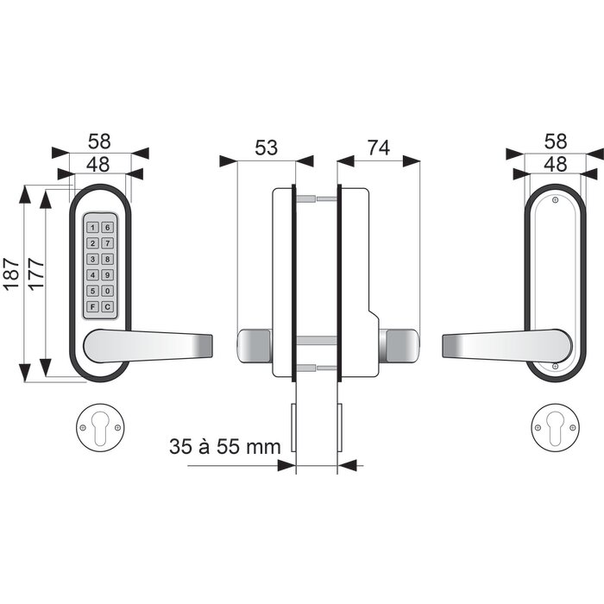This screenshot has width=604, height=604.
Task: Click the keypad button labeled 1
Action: coord(92,227)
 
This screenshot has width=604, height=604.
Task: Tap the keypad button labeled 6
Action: coord(108,227)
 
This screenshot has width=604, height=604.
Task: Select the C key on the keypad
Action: coord(108,306)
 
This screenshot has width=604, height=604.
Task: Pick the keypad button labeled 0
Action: coord(108,291)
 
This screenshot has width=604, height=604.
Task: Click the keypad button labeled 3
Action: coord(92,259)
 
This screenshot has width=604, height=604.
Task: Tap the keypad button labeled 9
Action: coord(108,274)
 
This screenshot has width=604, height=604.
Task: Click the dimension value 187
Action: coord(11,274)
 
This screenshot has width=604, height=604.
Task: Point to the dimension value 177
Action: coord(36,274)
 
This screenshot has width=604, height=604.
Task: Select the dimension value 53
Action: coord(266,148)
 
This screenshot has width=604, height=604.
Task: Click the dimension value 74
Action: coord(379,148)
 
